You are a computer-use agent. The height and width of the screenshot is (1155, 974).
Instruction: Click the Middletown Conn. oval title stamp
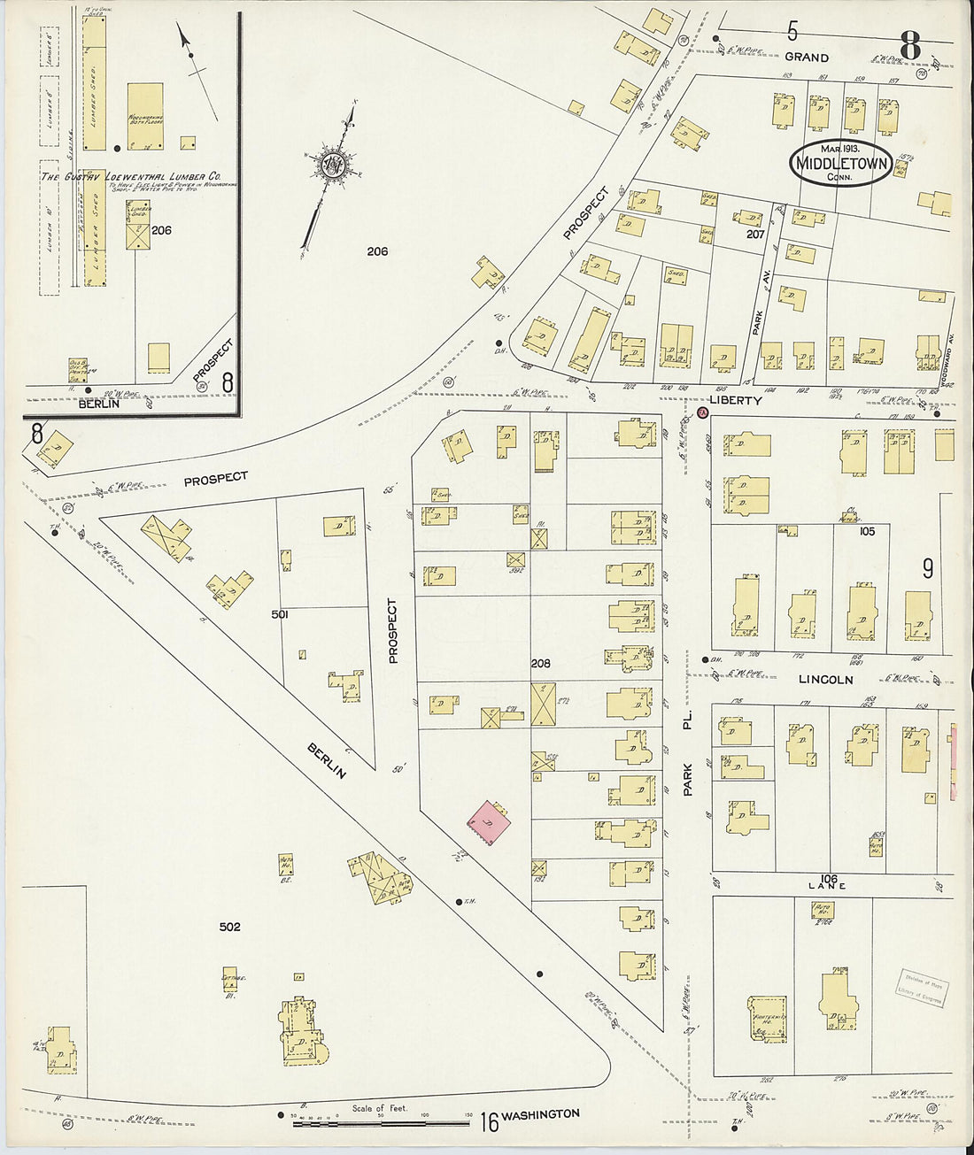coord(840,162)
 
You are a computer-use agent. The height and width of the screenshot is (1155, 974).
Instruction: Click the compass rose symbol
coord(334,165)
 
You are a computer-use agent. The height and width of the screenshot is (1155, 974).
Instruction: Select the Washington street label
coord(540,1114)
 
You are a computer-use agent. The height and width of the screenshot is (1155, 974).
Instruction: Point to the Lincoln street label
coord(825,680)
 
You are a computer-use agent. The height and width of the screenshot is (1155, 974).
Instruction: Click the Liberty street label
coord(735,401)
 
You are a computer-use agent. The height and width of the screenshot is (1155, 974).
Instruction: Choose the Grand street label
coord(807,58)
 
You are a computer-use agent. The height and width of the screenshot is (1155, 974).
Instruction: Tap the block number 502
coord(229,927)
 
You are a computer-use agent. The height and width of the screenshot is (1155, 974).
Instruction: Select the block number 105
coord(866,531)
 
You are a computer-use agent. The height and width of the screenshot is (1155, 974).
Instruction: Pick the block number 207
coord(754,235)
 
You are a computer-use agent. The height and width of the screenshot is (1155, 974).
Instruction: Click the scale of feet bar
coord(381,1123)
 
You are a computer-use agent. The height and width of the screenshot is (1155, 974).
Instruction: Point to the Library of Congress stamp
coord(921,987)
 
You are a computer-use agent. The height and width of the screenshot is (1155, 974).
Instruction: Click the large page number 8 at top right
coord(910,45)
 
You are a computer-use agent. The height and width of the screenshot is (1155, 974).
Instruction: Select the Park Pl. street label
coord(688,752)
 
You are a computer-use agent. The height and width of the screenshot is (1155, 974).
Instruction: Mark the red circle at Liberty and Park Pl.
coord(703,413)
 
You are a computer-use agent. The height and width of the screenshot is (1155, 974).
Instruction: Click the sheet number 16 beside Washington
coord(489,1122)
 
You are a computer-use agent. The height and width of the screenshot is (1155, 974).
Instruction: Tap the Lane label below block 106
coord(826,885)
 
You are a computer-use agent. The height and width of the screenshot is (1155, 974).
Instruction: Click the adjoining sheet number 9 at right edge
coord(927,568)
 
